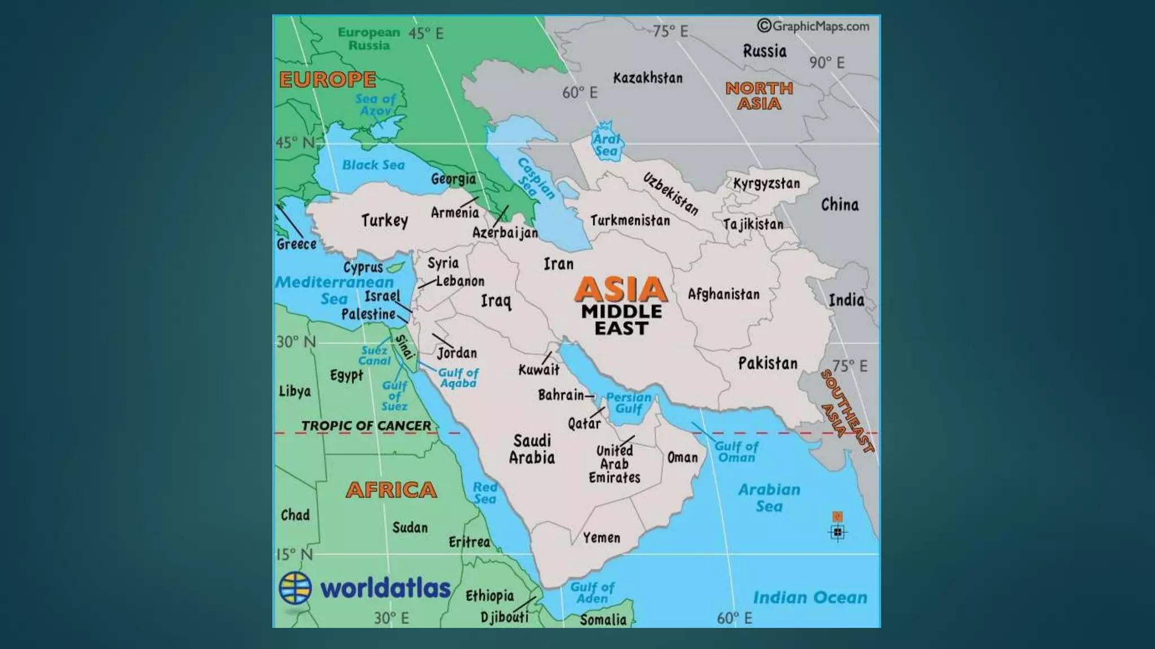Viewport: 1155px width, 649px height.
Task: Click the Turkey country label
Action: tap(384, 220)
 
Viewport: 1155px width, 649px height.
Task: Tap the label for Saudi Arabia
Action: tap(532, 449)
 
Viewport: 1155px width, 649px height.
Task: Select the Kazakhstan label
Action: tap(647, 78)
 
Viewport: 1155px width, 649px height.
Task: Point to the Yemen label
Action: tap(601, 537)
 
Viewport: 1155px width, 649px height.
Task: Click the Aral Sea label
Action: tap(606, 145)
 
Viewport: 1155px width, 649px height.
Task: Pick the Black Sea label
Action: tap(373, 165)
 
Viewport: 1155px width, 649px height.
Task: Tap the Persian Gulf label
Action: tap(629, 402)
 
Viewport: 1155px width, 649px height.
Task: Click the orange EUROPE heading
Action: tap(328, 79)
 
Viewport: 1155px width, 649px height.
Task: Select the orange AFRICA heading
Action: tap(391, 490)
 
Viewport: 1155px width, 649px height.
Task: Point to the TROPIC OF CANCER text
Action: tap(366, 426)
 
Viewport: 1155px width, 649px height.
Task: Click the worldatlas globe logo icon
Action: tap(295, 588)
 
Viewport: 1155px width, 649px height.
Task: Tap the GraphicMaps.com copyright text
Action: tap(813, 26)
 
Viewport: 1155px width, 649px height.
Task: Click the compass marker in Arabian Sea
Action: tap(837, 531)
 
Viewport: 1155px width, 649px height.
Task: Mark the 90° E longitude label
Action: tap(827, 63)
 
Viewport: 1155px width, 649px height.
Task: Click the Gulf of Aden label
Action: tap(592, 593)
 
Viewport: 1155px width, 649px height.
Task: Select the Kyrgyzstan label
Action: tap(766, 183)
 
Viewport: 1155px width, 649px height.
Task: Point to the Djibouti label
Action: tap(504, 617)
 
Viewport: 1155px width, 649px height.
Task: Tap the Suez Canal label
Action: tap(374, 355)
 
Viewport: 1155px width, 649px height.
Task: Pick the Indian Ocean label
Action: tap(810, 597)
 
